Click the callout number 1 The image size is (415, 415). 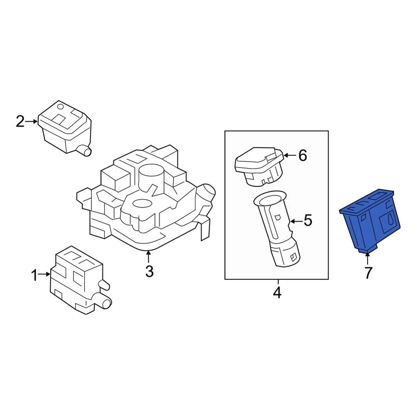click(35, 274)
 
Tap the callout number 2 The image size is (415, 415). click(20, 122)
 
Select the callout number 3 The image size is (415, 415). click(149, 271)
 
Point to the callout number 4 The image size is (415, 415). click(277, 293)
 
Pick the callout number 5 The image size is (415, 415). click(308, 220)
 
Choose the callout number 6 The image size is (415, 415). click(302, 156)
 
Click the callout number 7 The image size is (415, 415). click(368, 273)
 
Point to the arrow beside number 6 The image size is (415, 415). click(289, 156)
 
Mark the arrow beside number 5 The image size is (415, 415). click(295, 220)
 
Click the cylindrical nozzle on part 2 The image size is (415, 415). click(86, 151)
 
